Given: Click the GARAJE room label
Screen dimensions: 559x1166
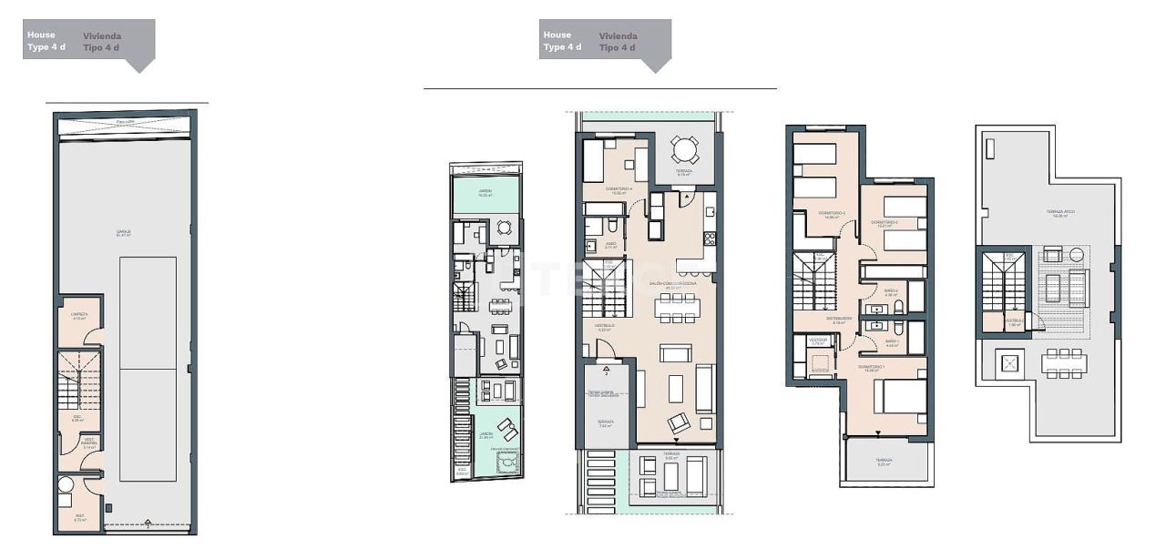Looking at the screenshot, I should point(123,233).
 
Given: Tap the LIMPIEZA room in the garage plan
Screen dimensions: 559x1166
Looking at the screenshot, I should point(78,316).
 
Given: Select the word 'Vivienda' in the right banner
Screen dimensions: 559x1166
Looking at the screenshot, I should point(619,36).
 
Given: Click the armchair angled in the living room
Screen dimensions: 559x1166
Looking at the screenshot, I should point(679,422).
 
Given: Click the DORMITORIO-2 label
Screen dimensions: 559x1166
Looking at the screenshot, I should point(884,224).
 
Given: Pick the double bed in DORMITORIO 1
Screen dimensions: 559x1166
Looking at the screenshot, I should point(901,396).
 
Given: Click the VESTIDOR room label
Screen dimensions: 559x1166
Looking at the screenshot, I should point(818,341).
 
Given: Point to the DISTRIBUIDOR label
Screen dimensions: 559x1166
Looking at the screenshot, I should point(839,319).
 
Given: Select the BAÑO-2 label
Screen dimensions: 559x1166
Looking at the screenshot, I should point(891,292).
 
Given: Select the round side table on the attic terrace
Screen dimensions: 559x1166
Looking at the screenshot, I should point(1078,254).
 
